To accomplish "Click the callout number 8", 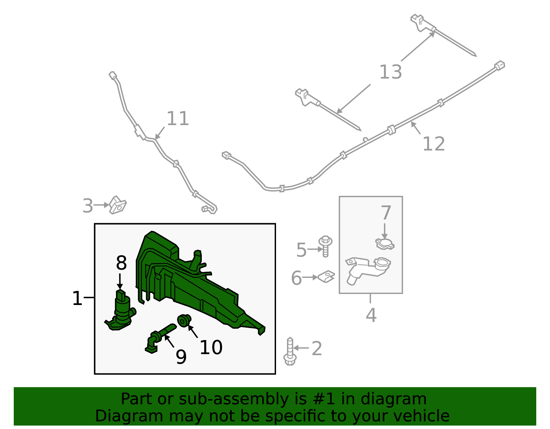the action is coord(121,263).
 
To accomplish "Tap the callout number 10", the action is coord(211,348).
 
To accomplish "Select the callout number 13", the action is coord(390,72).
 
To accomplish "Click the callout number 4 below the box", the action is coord(371,315).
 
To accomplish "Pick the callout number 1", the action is coord(77,298).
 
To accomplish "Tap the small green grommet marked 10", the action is coord(184,320).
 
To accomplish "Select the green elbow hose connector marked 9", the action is coord(160,339).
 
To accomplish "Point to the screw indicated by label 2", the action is coord(290,352).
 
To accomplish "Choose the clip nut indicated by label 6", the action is coord(326,277).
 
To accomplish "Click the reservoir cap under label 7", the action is coord(385,244).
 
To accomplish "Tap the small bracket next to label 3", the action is coord(118,205).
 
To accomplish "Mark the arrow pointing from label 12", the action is coord(416,128).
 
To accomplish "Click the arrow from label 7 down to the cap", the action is coord(384,231).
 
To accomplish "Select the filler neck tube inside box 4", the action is coord(368,271).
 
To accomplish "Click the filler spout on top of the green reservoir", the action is coord(196,260).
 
